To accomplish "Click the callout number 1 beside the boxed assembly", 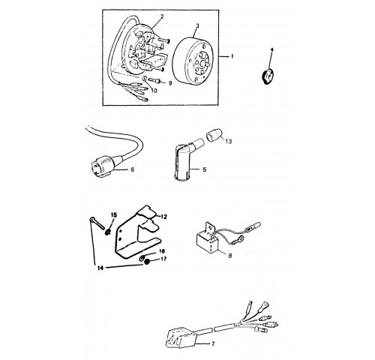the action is point(232,56).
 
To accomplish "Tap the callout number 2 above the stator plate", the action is point(162,16).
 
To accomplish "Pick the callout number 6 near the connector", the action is point(133,169).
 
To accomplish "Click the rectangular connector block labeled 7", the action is point(181,337).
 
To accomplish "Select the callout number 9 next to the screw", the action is point(170,83).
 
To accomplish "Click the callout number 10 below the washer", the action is point(154,91).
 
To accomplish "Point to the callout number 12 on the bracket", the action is point(163,217).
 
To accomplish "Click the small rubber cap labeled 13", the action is point(214,135).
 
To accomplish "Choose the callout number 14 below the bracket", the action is point(100,268).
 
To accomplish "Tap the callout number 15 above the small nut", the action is point(114,215).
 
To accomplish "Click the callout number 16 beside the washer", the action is point(162,250).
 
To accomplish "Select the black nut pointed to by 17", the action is point(147,262).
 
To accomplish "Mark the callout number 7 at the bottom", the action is point(213,344).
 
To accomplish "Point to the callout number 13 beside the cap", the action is point(229,142).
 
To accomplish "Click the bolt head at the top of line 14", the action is point(92,219).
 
